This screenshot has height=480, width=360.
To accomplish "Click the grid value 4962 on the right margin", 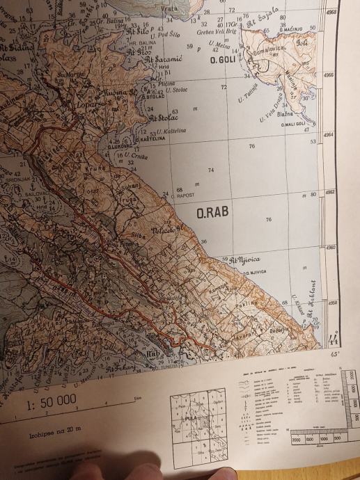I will pyautogui.click(x=331, y=193).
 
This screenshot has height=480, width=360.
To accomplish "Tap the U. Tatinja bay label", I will pyautogui.click(x=251, y=91).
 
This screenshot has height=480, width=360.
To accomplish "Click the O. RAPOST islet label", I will pyautogui.click(x=183, y=198).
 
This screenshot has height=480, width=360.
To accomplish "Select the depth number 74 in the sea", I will pyautogui.click(x=211, y=170).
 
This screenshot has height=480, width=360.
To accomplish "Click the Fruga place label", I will pyautogui.click(x=126, y=199).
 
